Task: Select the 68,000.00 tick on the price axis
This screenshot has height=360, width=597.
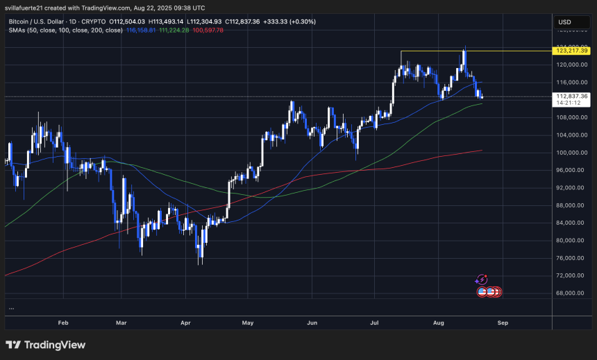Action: tap(571, 293)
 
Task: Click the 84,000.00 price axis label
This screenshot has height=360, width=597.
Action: tap(571, 223)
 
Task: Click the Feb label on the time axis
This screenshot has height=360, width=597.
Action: tap(63, 323)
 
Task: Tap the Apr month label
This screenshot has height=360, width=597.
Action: tap(185, 323)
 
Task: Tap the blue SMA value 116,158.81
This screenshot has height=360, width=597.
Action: tap(142, 31)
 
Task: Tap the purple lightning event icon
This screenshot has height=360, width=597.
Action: tap(482, 280)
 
